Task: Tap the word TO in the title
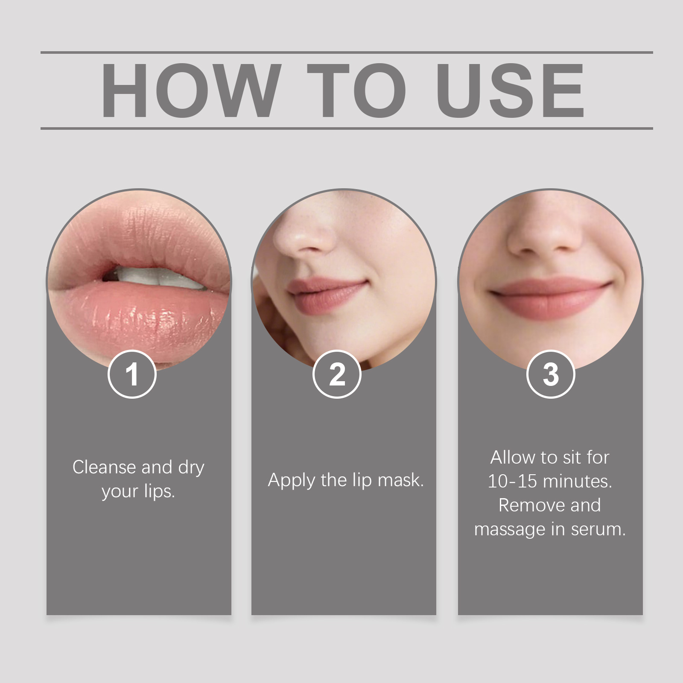click(x=356, y=90)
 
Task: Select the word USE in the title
click(x=510, y=90)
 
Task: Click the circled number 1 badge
click(x=132, y=374)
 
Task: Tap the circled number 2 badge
click(x=337, y=374)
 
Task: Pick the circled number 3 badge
click(x=551, y=374)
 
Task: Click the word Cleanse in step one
click(x=98, y=467)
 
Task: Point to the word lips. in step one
click(x=159, y=491)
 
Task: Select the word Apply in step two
click(x=292, y=481)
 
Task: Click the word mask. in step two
click(x=401, y=480)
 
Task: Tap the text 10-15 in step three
click(x=512, y=482)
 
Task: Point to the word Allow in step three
click(x=513, y=458)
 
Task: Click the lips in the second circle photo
click(x=327, y=295)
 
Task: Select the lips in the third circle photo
click(x=551, y=295)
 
